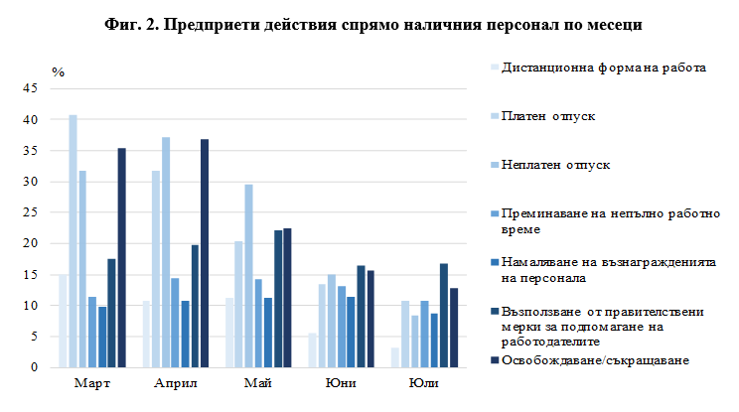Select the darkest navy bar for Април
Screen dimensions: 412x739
[206, 253]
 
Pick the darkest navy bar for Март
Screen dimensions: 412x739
[122, 258]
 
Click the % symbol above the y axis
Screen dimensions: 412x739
[59, 72]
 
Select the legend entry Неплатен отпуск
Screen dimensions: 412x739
[560, 163]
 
